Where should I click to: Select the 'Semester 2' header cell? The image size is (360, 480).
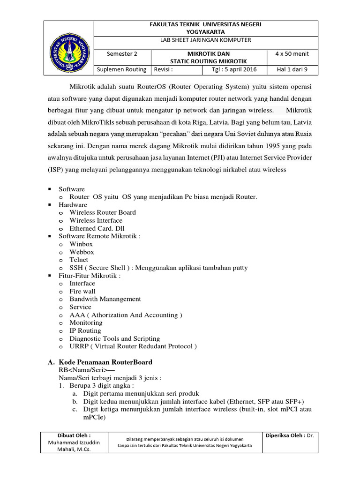[122, 54]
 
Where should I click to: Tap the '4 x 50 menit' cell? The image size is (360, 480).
[292, 54]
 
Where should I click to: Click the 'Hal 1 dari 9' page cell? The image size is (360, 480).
[292, 70]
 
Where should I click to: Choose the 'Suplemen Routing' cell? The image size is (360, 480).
[122, 70]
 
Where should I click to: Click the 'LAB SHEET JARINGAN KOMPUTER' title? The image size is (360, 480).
[206, 40]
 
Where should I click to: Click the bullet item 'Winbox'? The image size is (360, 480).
[81, 244]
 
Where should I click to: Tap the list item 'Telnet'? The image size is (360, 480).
[79, 260]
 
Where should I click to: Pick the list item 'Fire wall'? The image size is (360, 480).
[82, 291]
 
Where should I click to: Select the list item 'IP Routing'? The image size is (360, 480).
[85, 330]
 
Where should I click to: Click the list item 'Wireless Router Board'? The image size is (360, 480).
[103, 212]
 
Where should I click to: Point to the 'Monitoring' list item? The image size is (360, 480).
[86, 322]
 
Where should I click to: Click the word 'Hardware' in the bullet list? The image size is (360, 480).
[73, 205]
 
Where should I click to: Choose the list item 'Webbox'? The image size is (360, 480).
[82, 252]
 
